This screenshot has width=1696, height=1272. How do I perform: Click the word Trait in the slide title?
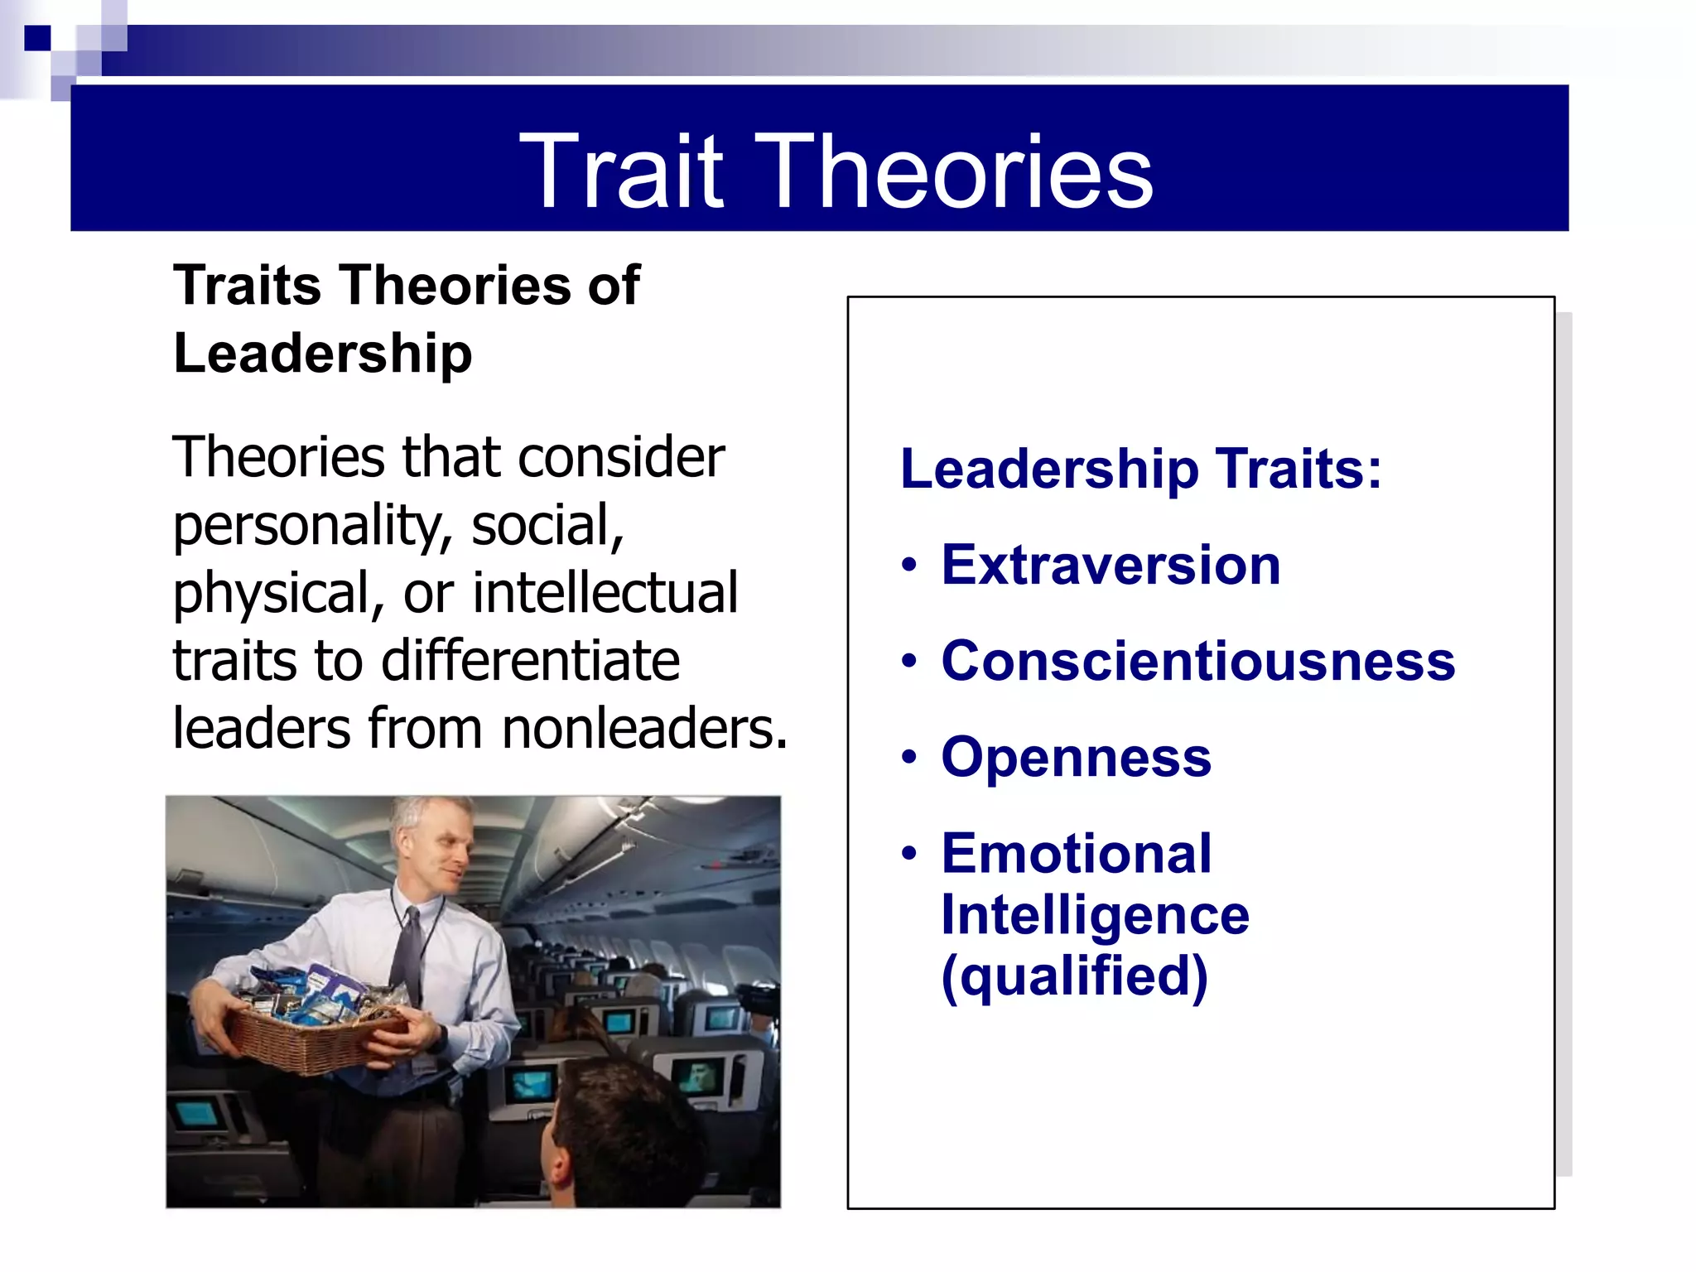coord(621,171)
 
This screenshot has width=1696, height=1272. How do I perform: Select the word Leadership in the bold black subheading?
coord(322,354)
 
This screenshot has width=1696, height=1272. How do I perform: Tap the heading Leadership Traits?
coord(1140,469)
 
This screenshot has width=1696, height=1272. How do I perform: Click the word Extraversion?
coord(1111,565)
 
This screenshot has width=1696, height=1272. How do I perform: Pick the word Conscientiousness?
coord(1197,661)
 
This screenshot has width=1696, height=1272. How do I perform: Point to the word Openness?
coord(1076,757)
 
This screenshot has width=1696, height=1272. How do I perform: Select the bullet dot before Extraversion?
coord(909,566)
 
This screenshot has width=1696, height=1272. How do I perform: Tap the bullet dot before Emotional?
coord(909,854)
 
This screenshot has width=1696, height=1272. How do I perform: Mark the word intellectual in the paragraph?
coord(605,593)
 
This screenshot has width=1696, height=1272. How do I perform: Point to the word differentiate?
coord(530,661)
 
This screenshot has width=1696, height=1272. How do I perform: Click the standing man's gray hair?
coord(422,816)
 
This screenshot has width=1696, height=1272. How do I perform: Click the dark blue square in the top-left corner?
coord(37,38)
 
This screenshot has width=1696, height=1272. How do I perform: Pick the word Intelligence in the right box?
coord(1095,915)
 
